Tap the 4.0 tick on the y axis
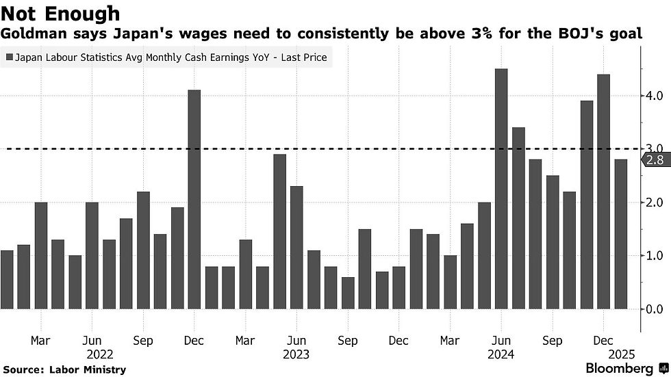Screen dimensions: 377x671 pyautogui.click(x=653, y=96)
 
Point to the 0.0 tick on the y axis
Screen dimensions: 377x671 pyautogui.click(x=653, y=309)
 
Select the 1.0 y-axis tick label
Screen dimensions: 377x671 pyautogui.click(x=653, y=256)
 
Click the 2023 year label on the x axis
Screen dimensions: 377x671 pyautogui.click(x=296, y=354)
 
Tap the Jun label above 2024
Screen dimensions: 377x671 pyautogui.click(x=501, y=341)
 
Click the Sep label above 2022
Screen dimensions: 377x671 pyautogui.click(x=143, y=341)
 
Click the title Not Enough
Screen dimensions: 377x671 pyautogui.click(x=61, y=14)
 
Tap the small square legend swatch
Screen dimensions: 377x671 pyautogui.click(x=8, y=58)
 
